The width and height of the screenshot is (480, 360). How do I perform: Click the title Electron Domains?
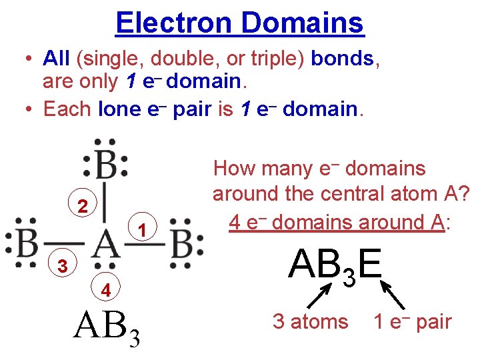click(x=239, y=23)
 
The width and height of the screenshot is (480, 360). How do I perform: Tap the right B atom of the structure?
click(x=181, y=244)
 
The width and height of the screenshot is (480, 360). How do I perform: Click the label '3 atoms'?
click(x=311, y=322)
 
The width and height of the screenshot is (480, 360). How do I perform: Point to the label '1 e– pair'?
click(x=412, y=322)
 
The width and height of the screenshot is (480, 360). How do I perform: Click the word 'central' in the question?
click(x=359, y=193)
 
